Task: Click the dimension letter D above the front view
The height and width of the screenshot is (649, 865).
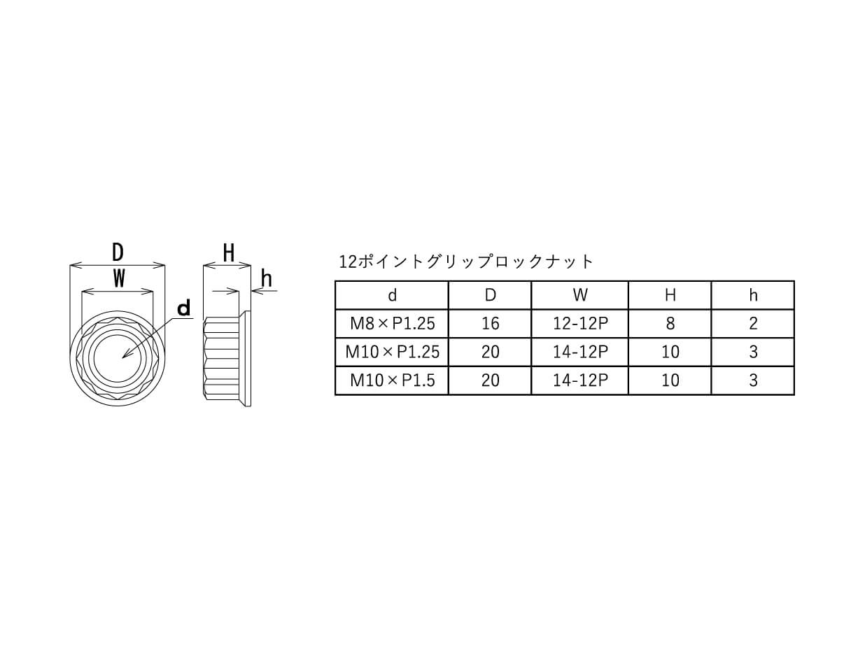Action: point(118,252)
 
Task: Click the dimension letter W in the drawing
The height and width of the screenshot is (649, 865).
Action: point(119,278)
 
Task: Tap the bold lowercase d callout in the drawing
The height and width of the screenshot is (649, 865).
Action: point(184,308)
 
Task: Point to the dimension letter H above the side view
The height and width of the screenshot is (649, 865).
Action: point(229,253)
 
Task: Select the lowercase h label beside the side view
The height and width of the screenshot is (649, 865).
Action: point(267,279)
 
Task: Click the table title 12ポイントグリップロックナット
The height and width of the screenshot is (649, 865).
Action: point(465,262)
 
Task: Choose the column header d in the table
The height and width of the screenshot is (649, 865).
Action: point(392,295)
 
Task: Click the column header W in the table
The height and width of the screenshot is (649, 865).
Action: point(580,295)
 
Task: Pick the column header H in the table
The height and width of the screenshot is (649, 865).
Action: point(670,295)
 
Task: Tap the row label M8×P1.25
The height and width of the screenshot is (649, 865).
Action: point(393,323)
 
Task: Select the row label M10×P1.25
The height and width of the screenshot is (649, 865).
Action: point(393,352)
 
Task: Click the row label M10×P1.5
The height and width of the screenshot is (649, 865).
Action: point(393,380)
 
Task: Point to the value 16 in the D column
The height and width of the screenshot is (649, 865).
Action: point(490,323)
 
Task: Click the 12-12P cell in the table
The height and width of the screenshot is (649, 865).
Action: point(580,323)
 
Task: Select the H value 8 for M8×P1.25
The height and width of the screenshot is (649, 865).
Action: point(670,323)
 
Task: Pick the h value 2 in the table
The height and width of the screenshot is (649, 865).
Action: point(753,323)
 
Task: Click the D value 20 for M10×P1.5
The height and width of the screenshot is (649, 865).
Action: point(490,380)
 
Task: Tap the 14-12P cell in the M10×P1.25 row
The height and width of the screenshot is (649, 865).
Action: point(580,352)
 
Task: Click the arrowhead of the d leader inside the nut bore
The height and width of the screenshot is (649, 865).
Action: point(126,355)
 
